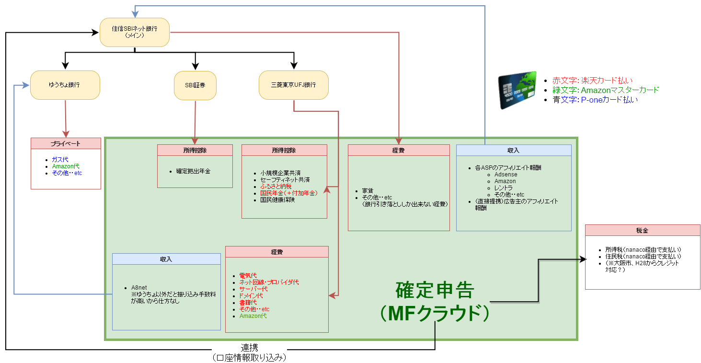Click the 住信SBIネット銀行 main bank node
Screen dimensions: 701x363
[x=135, y=32]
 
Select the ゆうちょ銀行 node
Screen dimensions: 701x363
[x=65, y=85]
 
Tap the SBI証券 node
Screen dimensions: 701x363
[x=195, y=85]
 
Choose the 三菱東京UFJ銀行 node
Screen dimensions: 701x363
[x=294, y=85]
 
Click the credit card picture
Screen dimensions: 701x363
[x=517, y=90]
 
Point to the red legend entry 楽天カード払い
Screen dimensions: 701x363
[x=592, y=81]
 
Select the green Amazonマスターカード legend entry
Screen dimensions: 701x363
[x=606, y=90]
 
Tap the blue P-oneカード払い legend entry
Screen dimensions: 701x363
[x=595, y=100]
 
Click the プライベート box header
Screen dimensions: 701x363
[x=66, y=143]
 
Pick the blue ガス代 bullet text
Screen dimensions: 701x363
[x=60, y=159]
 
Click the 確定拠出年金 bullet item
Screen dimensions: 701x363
[x=193, y=171]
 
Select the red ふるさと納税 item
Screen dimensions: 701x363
[x=276, y=187]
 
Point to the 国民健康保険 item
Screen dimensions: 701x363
[x=277, y=200]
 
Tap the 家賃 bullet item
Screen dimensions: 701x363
[x=368, y=190]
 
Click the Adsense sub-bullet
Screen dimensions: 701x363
[x=506, y=175]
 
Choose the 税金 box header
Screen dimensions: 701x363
[x=643, y=230]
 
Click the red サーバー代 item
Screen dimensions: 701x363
[x=253, y=289]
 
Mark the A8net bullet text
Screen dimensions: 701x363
[x=139, y=288]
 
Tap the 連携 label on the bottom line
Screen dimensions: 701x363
[x=250, y=347]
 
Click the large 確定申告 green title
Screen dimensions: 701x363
[x=435, y=290]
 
